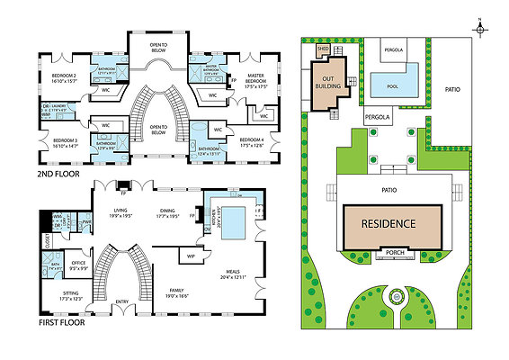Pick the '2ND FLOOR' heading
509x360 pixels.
point(59,174)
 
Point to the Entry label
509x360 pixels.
point(121,301)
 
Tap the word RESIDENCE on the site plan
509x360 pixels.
point(389,223)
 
